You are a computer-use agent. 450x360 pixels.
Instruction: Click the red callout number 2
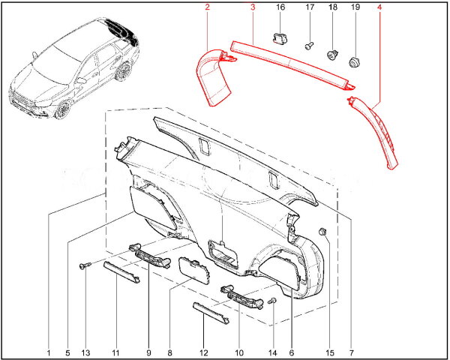207,7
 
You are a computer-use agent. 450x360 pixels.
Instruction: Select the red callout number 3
253,7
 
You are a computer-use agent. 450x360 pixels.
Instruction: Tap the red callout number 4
379,7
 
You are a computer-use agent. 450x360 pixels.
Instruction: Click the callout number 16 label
280,7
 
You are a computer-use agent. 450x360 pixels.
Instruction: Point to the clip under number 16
278,38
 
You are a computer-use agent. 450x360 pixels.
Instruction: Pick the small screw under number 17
309,46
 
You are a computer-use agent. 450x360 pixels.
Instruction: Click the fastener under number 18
333,55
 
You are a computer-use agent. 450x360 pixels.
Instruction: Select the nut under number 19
355,62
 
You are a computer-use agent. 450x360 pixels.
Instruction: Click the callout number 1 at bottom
49,352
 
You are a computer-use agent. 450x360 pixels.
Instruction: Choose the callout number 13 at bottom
85,352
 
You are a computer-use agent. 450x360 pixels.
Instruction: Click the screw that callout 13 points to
85,265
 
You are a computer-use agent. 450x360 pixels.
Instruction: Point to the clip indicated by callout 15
323,231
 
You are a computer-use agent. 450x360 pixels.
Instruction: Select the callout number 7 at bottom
351,352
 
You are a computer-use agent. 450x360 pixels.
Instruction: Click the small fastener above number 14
271,301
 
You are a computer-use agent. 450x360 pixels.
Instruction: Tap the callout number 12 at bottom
203,352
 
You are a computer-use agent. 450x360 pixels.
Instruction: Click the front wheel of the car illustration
61,110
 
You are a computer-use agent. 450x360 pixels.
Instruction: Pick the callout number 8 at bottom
169,352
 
